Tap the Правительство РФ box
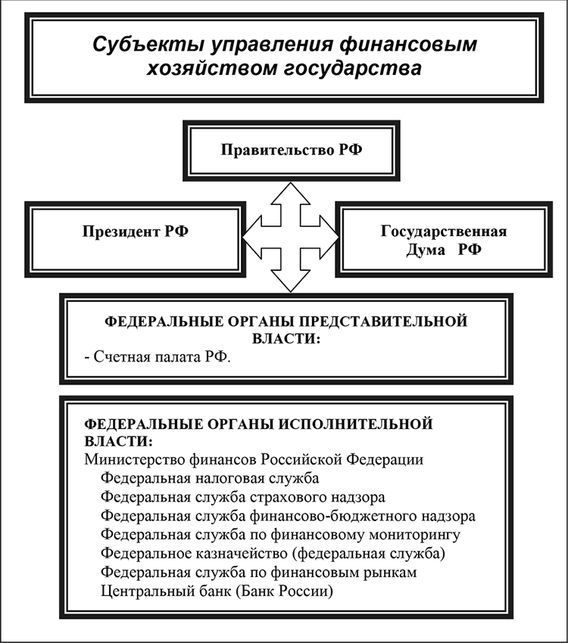292,149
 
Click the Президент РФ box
136,231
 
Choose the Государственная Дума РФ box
442,240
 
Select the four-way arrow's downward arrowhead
291,282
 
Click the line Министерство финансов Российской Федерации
254,460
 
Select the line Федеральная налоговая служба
210,478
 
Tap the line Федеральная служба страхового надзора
242,497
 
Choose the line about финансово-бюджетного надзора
288,516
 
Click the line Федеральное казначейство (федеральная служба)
272,554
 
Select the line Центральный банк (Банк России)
217,592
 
